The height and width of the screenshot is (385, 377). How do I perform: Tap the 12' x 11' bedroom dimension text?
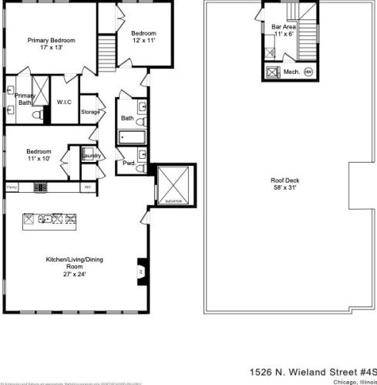pyautogui.click(x=143, y=41)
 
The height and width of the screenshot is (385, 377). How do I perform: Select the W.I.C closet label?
pyautogui.click(x=64, y=102)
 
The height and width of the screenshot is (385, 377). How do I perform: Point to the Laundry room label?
pyautogui.click(x=89, y=153)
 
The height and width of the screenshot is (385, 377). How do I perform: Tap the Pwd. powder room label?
pyautogui.click(x=128, y=163)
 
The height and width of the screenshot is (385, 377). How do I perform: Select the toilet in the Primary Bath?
pyautogui.click(x=35, y=114)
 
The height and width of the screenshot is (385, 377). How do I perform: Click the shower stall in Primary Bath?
pyautogui.click(x=37, y=84)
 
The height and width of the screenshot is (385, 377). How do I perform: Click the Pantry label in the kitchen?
pyautogui.click(x=12, y=187)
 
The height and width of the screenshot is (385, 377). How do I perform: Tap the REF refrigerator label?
pyautogui.click(x=87, y=187)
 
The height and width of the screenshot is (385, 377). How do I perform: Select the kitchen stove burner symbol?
pyautogui.click(x=40, y=187)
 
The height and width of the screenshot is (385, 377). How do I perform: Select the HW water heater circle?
pyautogui.click(x=308, y=72)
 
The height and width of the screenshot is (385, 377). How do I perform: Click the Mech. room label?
pyautogui.click(x=291, y=72)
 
